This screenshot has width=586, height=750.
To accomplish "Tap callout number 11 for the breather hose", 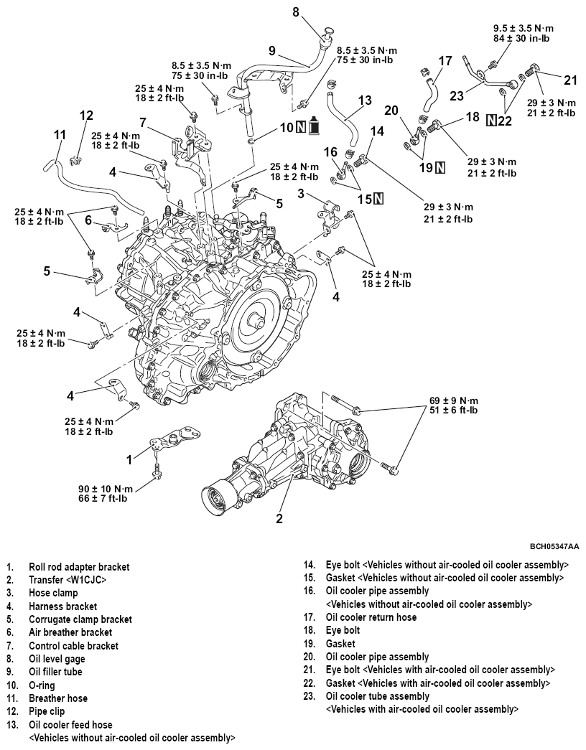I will [x=60, y=135].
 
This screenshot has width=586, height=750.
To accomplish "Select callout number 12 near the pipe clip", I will [x=86, y=116].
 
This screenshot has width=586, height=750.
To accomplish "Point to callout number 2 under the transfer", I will [x=279, y=517].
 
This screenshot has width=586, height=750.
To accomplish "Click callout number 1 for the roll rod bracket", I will [x=129, y=459].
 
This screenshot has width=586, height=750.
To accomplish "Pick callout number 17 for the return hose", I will [x=445, y=61].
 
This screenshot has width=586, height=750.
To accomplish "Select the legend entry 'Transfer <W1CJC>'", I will [x=68, y=580].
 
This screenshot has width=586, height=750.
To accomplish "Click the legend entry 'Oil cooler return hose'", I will [x=371, y=617].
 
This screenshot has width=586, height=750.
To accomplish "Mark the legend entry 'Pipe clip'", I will [x=46, y=712].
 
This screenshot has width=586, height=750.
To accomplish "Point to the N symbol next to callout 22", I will [x=492, y=119].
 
